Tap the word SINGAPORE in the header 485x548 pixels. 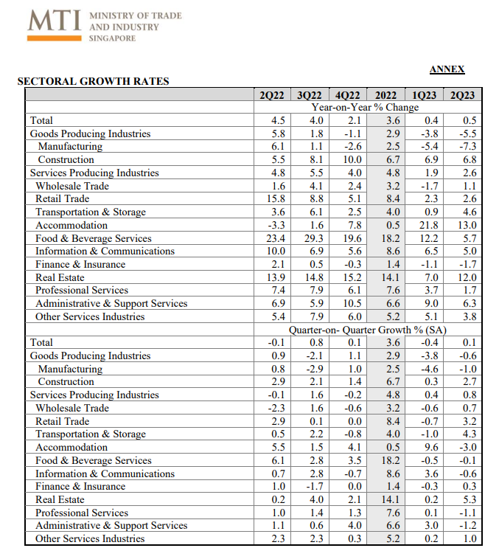click(x=112, y=38)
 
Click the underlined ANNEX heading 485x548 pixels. click(x=447, y=69)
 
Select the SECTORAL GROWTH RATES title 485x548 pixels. click(x=93, y=81)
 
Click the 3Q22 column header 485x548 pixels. click(x=310, y=95)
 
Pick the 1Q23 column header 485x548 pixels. click(x=425, y=95)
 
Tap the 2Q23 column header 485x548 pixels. click(x=462, y=95)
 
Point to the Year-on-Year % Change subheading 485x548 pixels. click(x=365, y=108)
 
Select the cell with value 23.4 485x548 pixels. click(x=277, y=238)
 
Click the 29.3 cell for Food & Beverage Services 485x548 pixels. click(x=315, y=238)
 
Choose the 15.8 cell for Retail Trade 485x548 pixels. click(x=277, y=198)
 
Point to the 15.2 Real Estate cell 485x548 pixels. click(x=354, y=277)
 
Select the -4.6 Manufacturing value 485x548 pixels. click(x=429, y=369)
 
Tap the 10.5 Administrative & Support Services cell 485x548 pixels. click(x=354, y=303)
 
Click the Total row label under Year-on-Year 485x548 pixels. click(x=41, y=120)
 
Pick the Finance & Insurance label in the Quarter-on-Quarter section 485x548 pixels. click(x=80, y=486)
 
